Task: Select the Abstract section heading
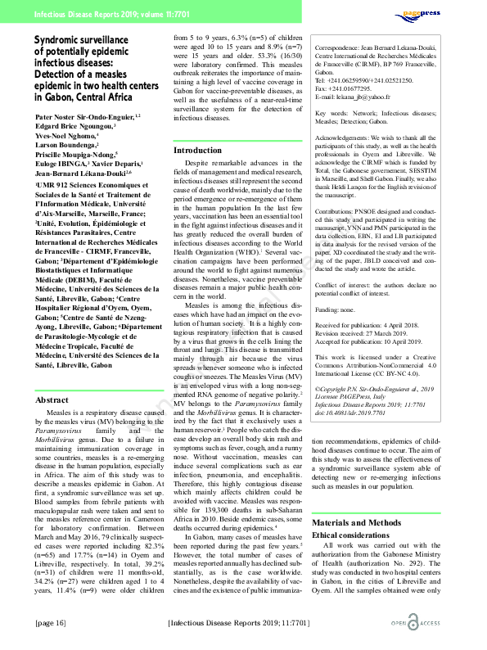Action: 52,400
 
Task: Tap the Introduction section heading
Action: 199,151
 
